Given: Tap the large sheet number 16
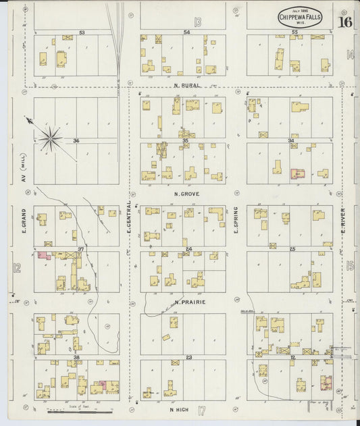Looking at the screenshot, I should tap(344, 21).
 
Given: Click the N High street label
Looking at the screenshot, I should tap(180, 409).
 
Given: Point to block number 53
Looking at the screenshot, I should tap(82, 32).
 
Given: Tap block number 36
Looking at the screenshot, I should tap(76, 140).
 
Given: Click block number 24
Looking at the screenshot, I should tap(189, 249).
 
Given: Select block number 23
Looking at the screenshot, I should tap(189, 356).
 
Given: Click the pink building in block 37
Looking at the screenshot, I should tap(44, 256).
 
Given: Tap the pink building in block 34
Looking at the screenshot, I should tap(298, 173).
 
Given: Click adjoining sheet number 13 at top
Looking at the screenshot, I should tap(197, 21).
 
